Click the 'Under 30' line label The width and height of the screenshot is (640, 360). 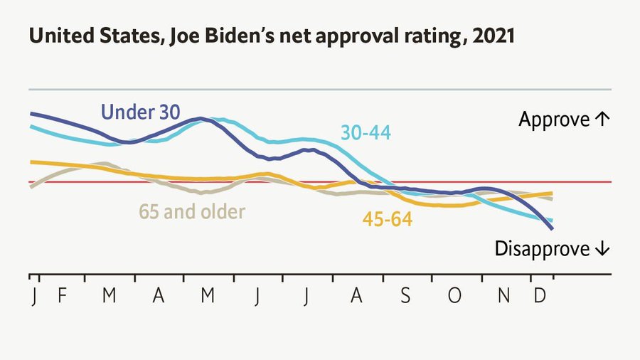click(141, 112)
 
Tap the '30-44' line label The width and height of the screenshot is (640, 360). click(366, 132)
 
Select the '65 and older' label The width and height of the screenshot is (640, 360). click(192, 211)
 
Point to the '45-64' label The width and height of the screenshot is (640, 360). click(388, 220)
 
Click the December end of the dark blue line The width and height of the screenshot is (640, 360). click(552, 228)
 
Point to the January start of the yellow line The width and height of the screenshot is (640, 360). click(31, 162)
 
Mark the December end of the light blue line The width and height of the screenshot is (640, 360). click(552, 221)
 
